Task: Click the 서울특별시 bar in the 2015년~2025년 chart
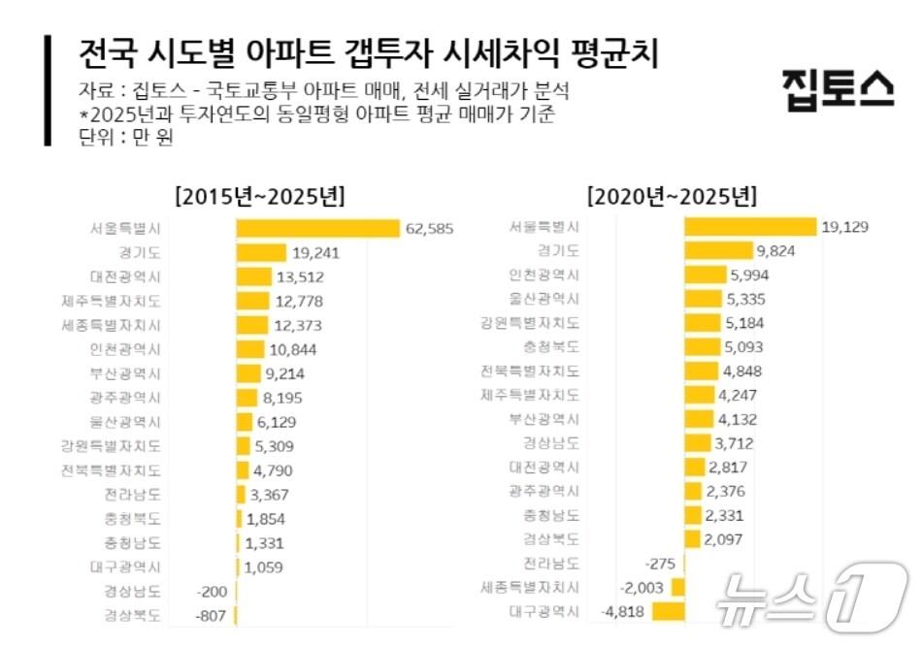pyautogui.click(x=317, y=229)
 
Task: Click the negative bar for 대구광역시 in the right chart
pyautogui.click(x=668, y=612)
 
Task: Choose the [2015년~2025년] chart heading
pyautogui.click(x=259, y=197)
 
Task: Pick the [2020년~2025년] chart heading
pyautogui.click(x=672, y=197)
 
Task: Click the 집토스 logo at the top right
pyautogui.click(x=838, y=90)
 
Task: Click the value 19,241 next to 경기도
pyautogui.click(x=315, y=253)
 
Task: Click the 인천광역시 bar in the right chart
pyautogui.click(x=706, y=275)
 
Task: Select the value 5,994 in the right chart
pyautogui.click(x=751, y=275)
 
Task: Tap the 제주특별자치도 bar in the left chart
pyautogui.click(x=252, y=302)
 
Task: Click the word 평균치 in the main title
pyautogui.click(x=615, y=53)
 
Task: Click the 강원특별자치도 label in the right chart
pyautogui.click(x=530, y=323)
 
